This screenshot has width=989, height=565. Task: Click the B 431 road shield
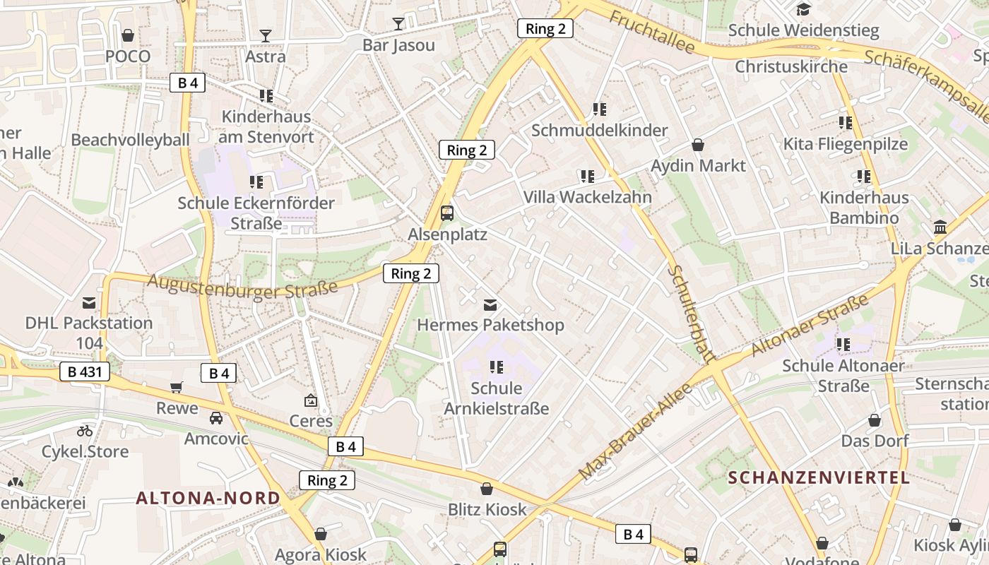point(85,371)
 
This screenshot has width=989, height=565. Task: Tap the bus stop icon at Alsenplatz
point(446,213)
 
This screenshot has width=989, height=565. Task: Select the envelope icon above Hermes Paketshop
point(490,305)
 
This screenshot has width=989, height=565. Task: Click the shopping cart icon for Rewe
point(177,387)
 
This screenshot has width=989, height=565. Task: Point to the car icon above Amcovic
point(216,417)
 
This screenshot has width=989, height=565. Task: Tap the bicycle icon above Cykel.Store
point(85,430)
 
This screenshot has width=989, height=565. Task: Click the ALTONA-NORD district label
point(208,498)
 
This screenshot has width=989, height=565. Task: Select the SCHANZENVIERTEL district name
point(819,477)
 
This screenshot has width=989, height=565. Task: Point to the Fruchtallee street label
point(651,32)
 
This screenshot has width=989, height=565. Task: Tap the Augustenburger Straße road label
point(242,287)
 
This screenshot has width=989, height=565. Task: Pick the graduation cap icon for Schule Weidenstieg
point(803,9)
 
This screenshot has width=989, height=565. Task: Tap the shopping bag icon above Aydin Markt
point(698,145)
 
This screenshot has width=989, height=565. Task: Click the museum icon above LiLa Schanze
point(940,227)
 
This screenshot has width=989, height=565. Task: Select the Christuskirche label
point(791,66)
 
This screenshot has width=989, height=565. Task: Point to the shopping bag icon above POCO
point(128,35)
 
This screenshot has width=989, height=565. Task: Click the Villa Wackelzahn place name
point(587,197)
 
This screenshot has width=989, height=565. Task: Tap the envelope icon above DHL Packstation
point(89,303)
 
